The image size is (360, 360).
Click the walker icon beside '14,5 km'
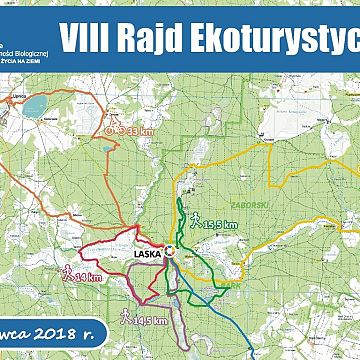click(124, 316)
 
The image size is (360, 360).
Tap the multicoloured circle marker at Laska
click(171, 252)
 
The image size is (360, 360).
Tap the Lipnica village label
click(14, 88)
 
